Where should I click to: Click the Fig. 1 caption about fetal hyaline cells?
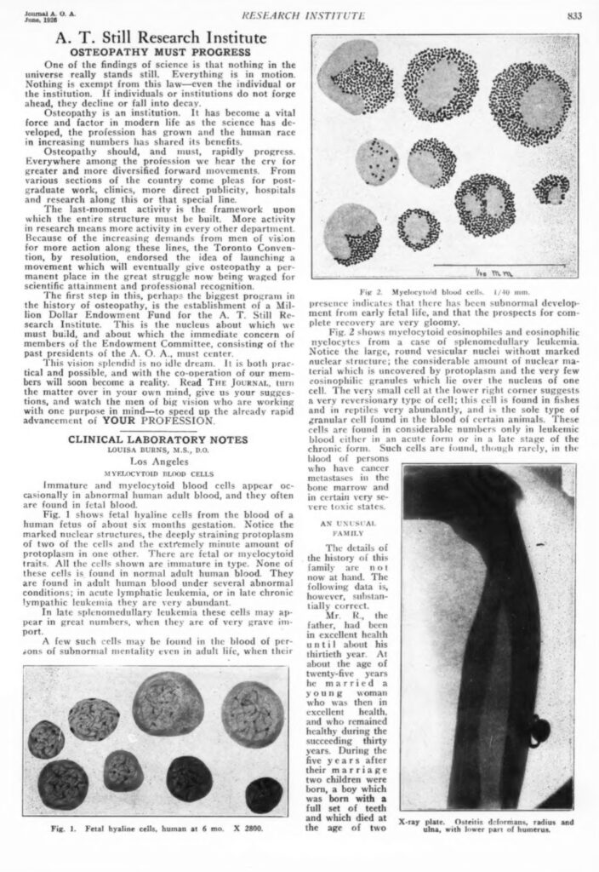pos(159,828)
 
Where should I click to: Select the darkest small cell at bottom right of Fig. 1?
pos(264,794)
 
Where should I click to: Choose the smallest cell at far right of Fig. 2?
pos(551,188)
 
